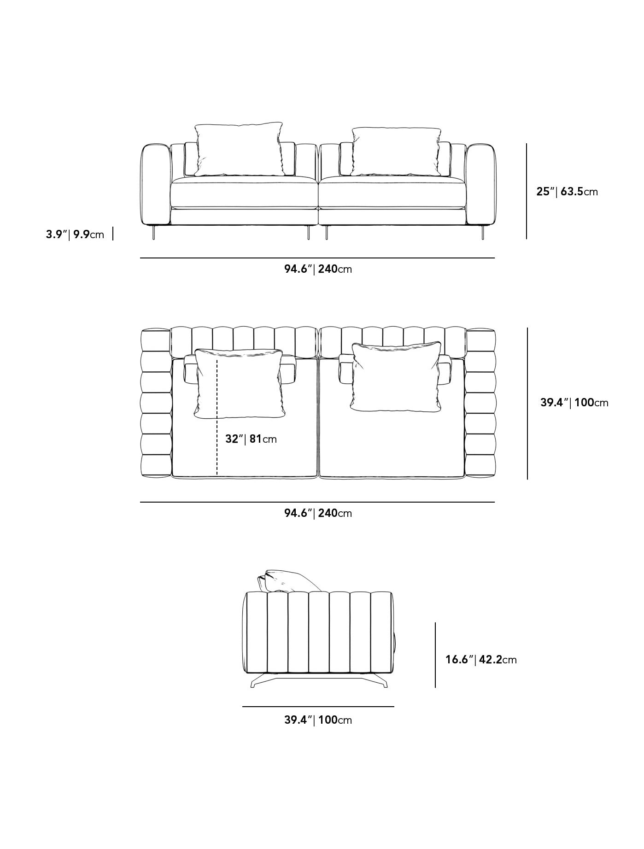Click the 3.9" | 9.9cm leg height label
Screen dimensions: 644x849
point(75,234)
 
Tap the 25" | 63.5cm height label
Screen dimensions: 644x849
point(567,191)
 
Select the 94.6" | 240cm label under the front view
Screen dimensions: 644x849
point(318,269)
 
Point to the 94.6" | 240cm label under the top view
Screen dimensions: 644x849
point(318,513)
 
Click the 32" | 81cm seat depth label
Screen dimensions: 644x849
point(251,439)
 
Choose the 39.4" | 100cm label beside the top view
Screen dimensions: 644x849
point(574,403)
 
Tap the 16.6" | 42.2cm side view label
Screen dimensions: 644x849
point(481,660)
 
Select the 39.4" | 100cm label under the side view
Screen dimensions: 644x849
point(318,720)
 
